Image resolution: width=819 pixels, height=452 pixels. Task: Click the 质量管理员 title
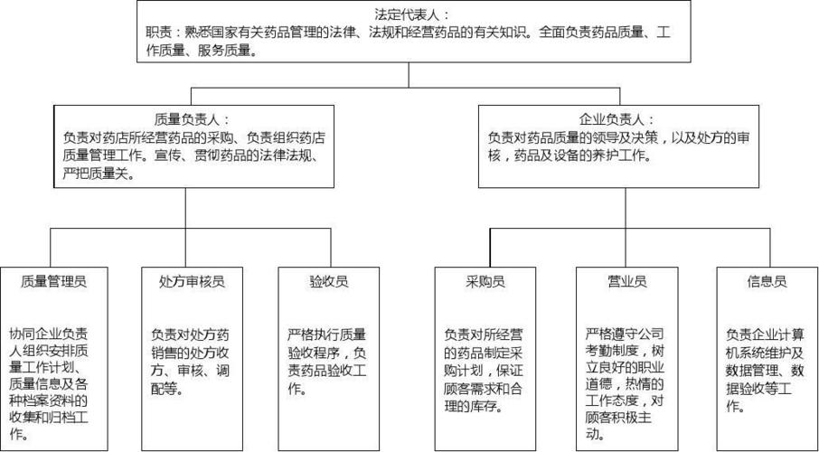(53, 281)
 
